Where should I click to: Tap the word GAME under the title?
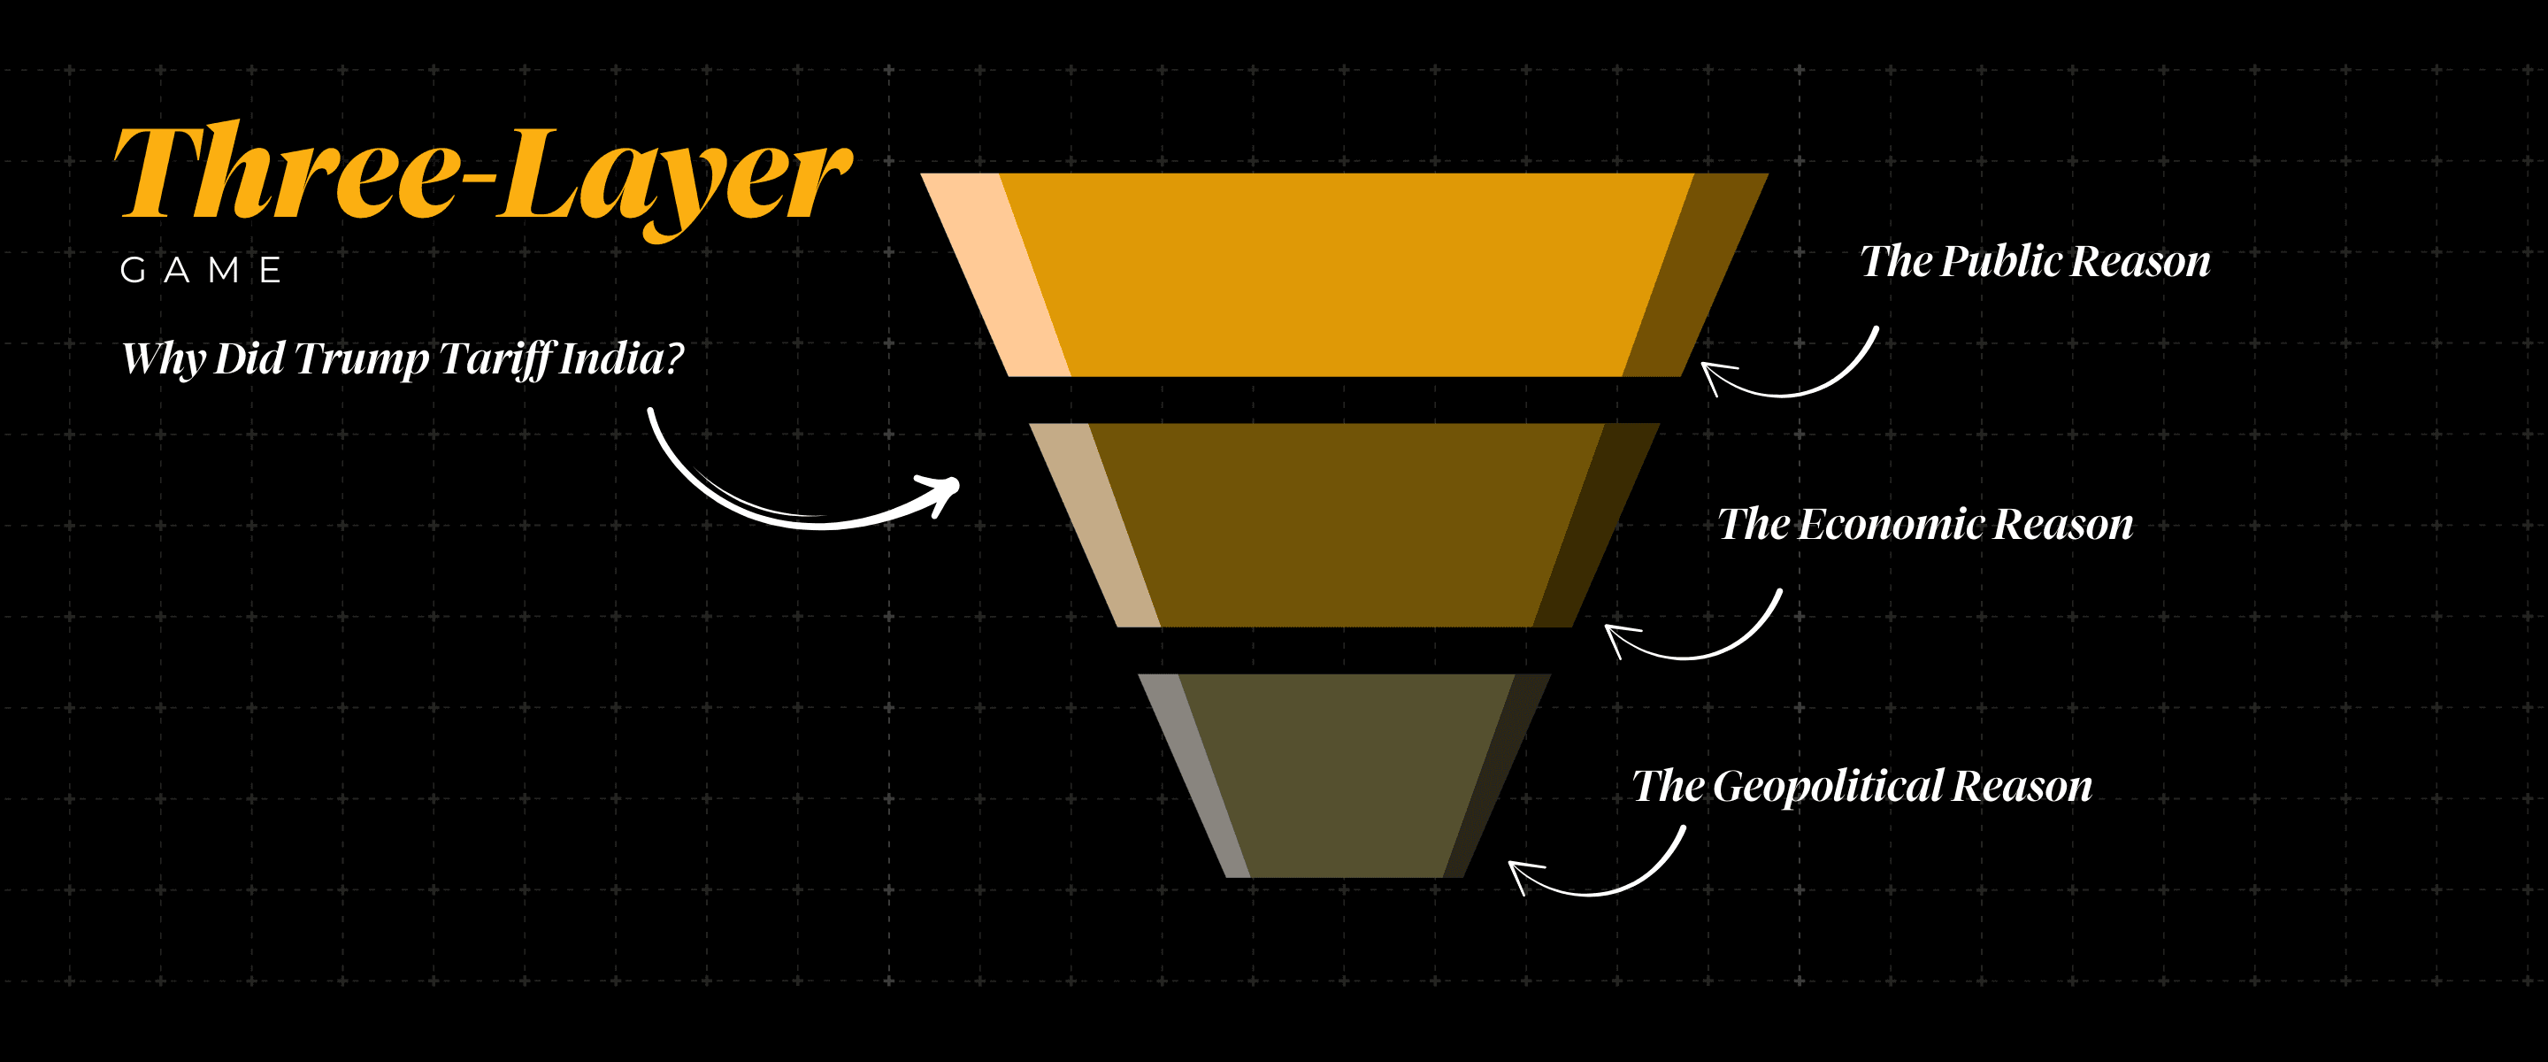(x=202, y=270)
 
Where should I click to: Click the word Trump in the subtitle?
(x=361, y=358)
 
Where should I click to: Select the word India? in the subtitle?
(x=621, y=358)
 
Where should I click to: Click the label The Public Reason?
(x=2035, y=262)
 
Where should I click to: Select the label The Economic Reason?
(x=1925, y=525)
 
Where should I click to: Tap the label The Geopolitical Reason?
(x=1861, y=787)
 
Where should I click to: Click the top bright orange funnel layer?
(x=1345, y=275)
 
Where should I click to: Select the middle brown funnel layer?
(x=1345, y=525)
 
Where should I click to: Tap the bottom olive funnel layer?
(x=1345, y=775)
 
